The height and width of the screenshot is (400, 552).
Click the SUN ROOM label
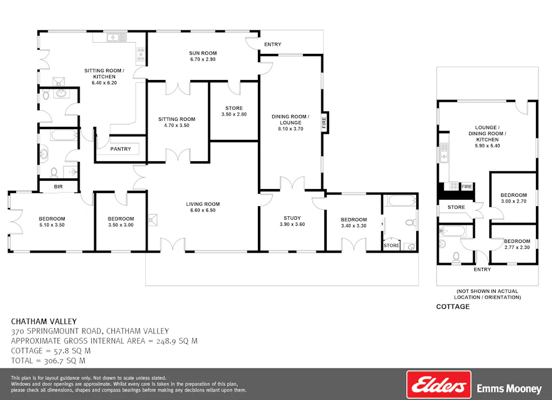coord(203,53)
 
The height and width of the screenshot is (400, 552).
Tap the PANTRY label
coord(121,149)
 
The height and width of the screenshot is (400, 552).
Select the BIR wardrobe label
coord(58,187)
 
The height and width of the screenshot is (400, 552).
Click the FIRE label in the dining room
coord(324,123)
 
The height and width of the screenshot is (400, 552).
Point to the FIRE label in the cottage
coord(467,186)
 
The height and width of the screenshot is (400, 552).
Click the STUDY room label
coord(292,217)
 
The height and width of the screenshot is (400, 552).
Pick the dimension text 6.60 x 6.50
coord(203,210)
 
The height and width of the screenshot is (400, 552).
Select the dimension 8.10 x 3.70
coord(291,129)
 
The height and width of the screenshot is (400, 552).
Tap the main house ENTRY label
coord(273,44)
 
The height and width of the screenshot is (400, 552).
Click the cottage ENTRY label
coord(482,270)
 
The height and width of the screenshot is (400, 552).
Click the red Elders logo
coord(438,385)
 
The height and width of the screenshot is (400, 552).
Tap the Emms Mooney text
coord(509,389)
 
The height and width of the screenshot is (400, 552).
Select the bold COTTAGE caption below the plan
coord(453,306)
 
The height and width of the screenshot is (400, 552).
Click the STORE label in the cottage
coord(456,207)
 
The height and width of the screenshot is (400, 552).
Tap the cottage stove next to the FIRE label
coord(454,186)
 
